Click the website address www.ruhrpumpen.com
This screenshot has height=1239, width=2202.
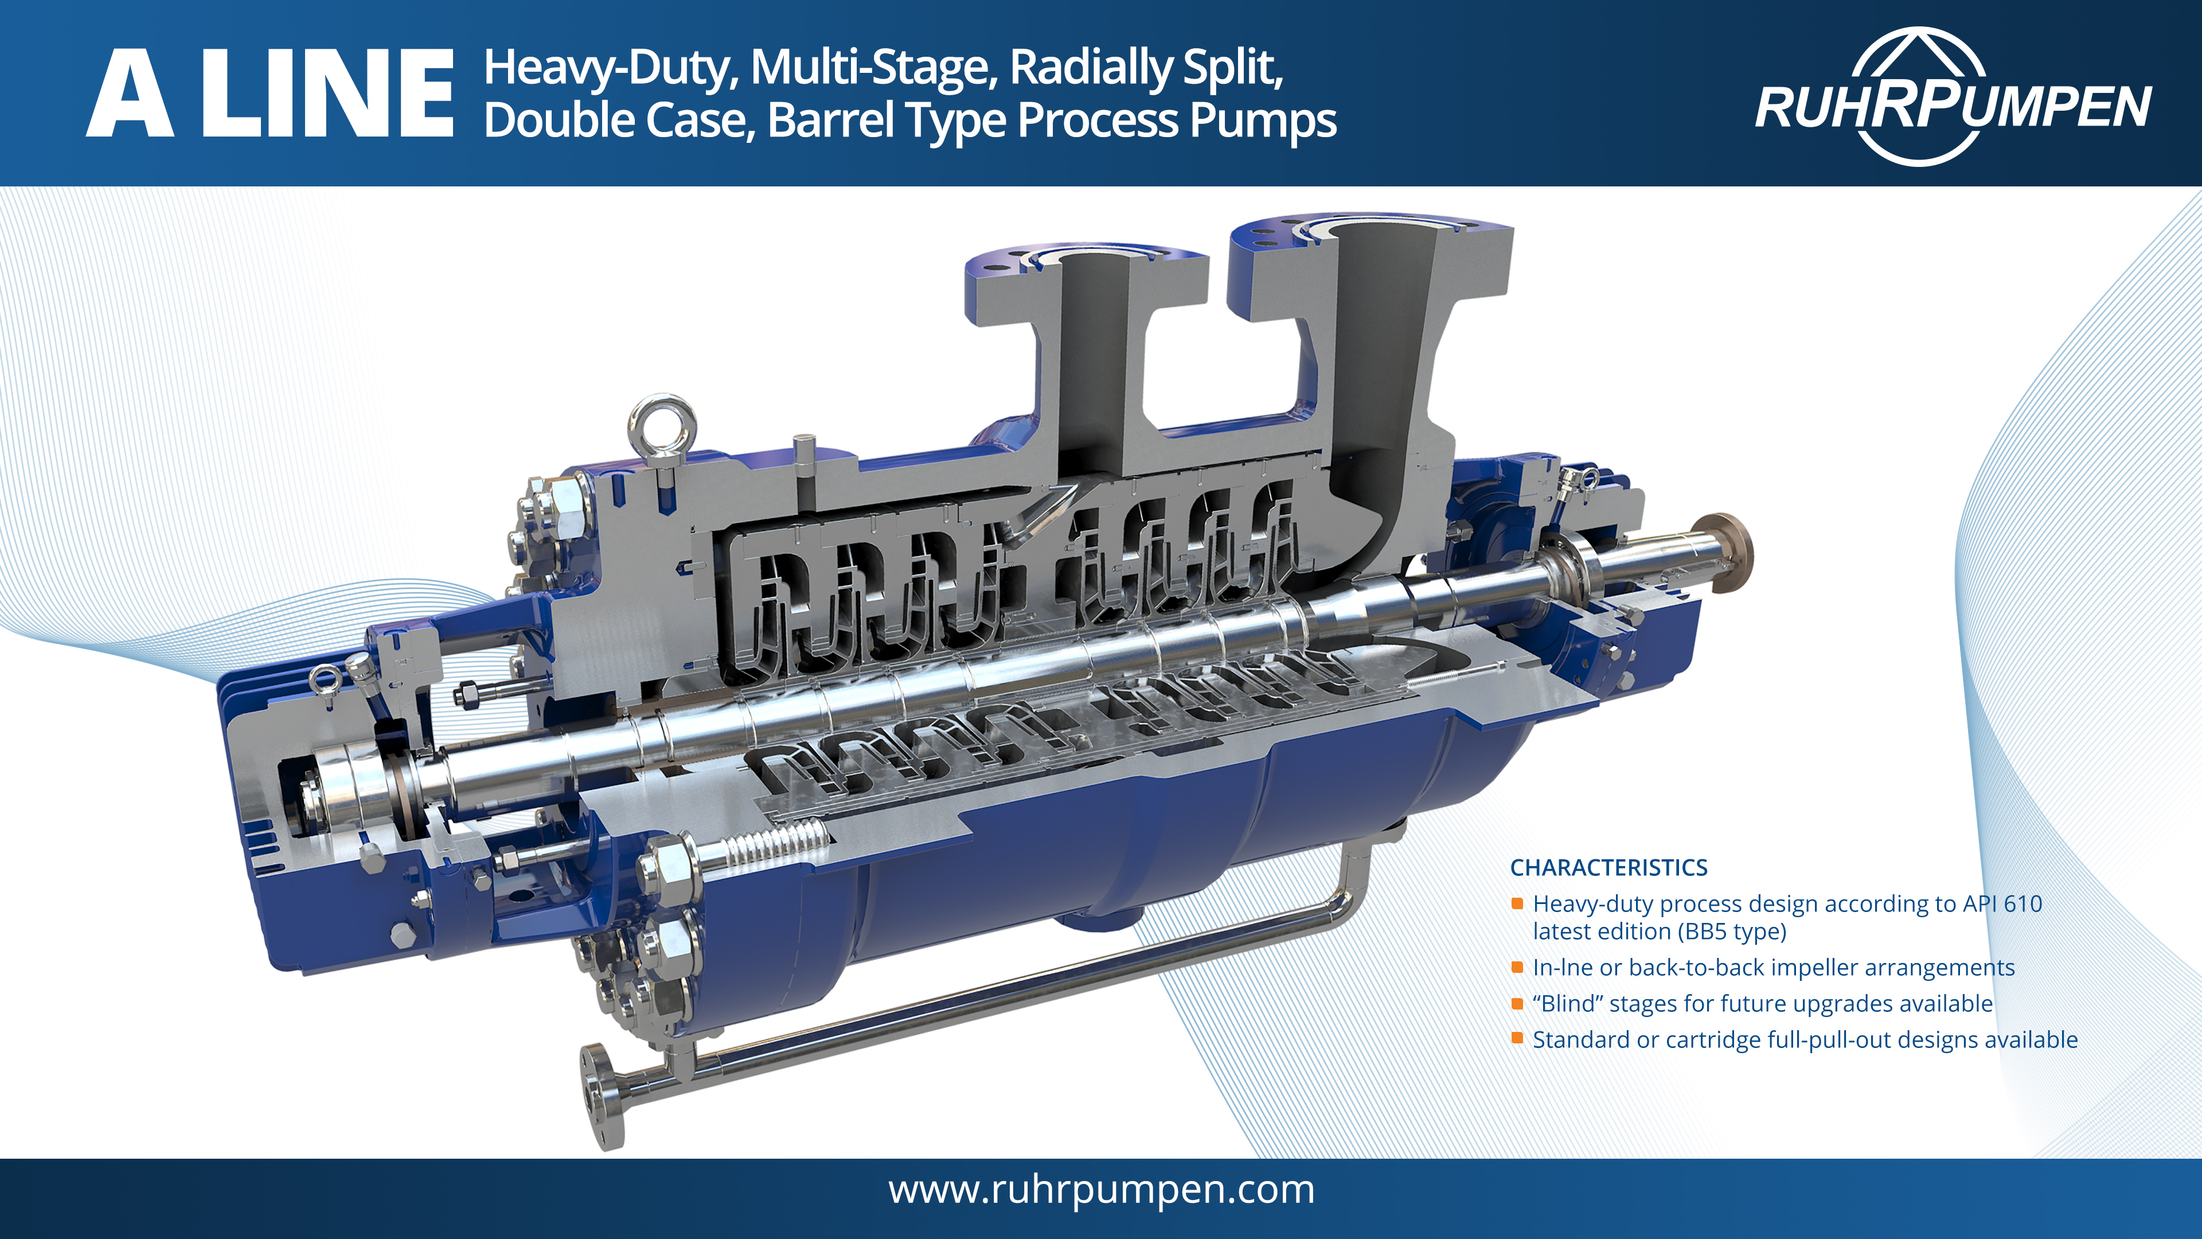click(1101, 1190)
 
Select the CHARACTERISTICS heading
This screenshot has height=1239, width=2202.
click(1608, 867)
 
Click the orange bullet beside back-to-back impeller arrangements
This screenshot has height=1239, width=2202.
click(1517, 967)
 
